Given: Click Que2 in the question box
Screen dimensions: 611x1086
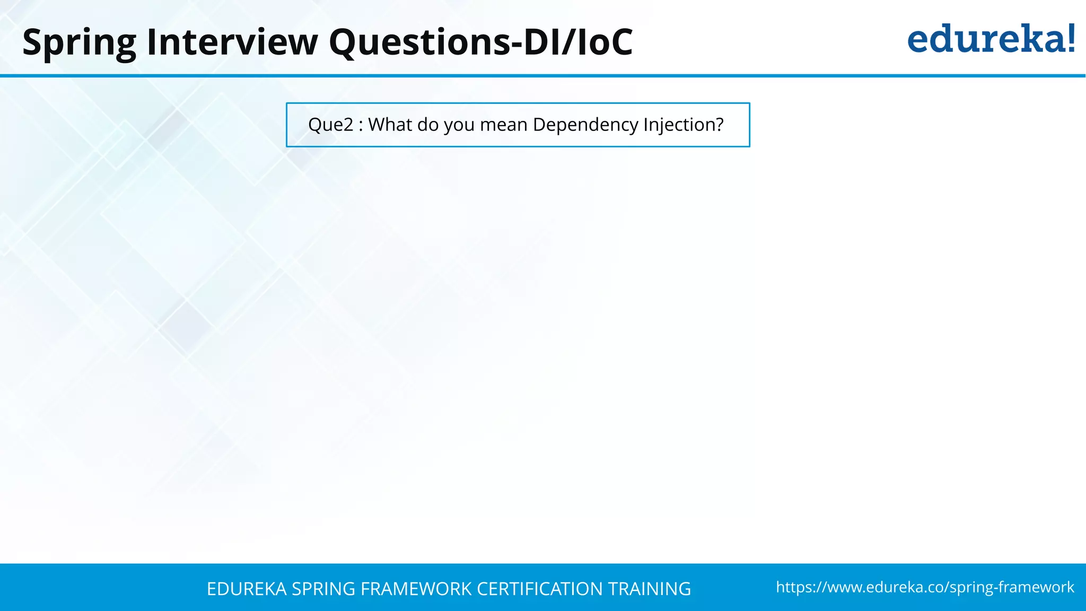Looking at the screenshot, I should (330, 125).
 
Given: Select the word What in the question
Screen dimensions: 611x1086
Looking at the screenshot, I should (390, 125).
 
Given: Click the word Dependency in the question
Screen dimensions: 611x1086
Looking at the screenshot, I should (585, 125).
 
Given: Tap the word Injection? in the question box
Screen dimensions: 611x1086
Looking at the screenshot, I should (684, 125).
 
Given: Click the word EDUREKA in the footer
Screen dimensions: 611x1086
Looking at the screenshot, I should (247, 589).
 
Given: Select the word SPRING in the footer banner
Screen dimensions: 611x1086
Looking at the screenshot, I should (323, 589).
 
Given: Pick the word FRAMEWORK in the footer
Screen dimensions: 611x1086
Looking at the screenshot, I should (416, 589).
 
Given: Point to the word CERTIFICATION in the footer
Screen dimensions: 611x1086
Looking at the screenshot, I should (540, 589).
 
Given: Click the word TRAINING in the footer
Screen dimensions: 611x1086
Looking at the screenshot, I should (650, 589).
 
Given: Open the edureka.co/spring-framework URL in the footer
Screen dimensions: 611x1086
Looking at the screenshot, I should (925, 587).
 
